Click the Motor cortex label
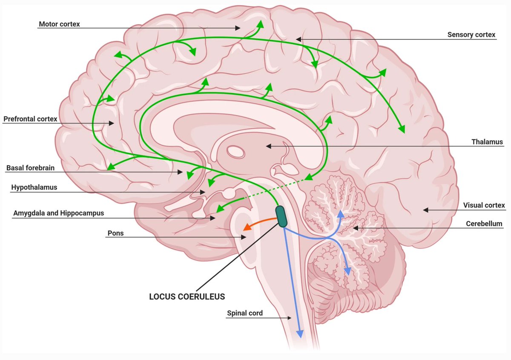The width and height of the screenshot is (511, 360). pyautogui.click(x=59, y=24)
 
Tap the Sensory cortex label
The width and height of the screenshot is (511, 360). pyautogui.click(x=471, y=35)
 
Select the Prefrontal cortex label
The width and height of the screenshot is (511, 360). pyautogui.click(x=30, y=119)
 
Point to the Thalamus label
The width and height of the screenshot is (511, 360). pyautogui.click(x=487, y=142)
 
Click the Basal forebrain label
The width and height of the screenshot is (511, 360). pyautogui.click(x=30, y=168)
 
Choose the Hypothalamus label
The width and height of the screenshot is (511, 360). pyautogui.click(x=34, y=187)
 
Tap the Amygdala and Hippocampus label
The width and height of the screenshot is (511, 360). pyautogui.click(x=58, y=213)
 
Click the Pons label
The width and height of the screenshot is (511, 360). pyautogui.click(x=115, y=233)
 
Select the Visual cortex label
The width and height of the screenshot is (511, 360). pyautogui.click(x=484, y=205)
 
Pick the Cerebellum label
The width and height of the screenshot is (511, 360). pyautogui.click(x=484, y=224)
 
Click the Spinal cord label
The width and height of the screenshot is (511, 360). pyautogui.click(x=244, y=313)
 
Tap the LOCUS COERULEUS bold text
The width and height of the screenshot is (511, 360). pyautogui.click(x=187, y=297)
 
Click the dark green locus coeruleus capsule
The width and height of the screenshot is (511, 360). pyautogui.click(x=281, y=216)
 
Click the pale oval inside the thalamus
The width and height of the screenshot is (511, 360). pyautogui.click(x=234, y=151)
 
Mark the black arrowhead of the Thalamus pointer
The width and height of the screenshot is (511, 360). pyautogui.click(x=269, y=146)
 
